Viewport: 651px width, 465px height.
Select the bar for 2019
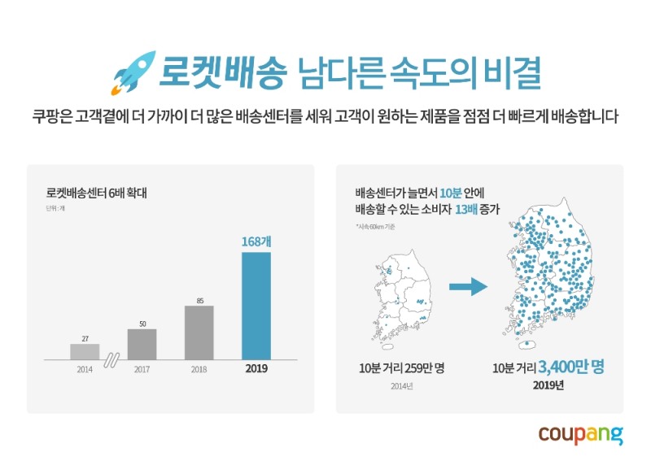256,305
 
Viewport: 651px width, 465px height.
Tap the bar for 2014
85,351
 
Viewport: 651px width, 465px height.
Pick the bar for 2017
142,343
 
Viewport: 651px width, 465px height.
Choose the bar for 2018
199,332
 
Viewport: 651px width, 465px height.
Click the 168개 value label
256,241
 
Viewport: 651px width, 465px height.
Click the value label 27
85,337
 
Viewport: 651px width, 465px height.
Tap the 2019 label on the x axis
256,369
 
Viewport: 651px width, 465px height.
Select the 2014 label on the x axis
85,369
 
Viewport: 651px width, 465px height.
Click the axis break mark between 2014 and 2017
113,358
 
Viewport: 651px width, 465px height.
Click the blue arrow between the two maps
468,286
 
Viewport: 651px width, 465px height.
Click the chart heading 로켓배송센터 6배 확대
95,194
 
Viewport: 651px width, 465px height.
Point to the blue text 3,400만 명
570,367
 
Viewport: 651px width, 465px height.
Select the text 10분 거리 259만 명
402,367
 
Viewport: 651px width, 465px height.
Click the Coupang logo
580,434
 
